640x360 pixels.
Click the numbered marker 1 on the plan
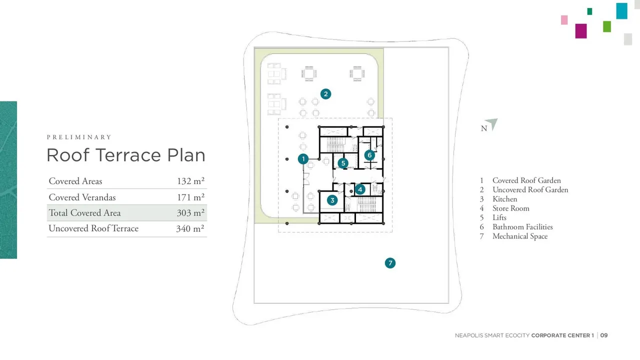pyautogui.click(x=303, y=159)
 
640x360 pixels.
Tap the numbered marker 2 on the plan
pyautogui.click(x=325, y=94)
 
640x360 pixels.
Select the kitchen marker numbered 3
pyautogui.click(x=332, y=200)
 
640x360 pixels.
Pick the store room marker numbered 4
pyautogui.click(x=360, y=189)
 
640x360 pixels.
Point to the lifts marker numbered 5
pyautogui.click(x=343, y=163)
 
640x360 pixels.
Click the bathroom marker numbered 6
pyautogui.click(x=369, y=155)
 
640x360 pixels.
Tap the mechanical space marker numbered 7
pyautogui.click(x=390, y=263)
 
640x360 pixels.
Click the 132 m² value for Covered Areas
pyautogui.click(x=190, y=181)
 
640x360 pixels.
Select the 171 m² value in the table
pyautogui.click(x=190, y=197)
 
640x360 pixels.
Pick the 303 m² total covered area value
pyautogui.click(x=190, y=212)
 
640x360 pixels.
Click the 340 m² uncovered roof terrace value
pyautogui.click(x=190, y=228)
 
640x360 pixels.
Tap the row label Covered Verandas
pyautogui.click(x=82, y=197)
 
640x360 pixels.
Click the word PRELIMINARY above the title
pyautogui.click(x=79, y=137)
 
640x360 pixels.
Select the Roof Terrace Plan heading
pyautogui.click(x=126, y=155)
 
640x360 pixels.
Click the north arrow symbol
pyautogui.click(x=492, y=123)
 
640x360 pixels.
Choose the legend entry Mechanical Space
pyautogui.click(x=520, y=236)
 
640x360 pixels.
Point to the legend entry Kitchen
pyautogui.click(x=505, y=199)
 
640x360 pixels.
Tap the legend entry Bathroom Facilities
pyautogui.click(x=522, y=227)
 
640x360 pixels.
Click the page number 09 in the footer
pyautogui.click(x=604, y=335)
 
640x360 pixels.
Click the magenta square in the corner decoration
pyautogui.click(x=581, y=31)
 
